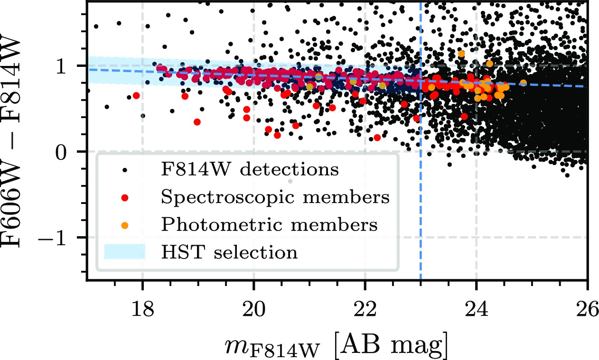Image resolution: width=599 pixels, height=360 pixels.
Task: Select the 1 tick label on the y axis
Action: coord(75,66)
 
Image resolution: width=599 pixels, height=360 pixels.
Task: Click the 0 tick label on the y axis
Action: coord(75,151)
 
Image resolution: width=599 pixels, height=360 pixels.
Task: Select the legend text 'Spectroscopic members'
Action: coord(275,197)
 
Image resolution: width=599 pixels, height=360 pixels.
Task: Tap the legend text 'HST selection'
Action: coord(230,252)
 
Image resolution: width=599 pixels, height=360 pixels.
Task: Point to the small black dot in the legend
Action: coord(124,170)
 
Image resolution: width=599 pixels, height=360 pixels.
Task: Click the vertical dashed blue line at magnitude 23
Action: coord(421,213)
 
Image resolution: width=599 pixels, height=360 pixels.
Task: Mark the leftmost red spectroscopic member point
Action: coord(136,95)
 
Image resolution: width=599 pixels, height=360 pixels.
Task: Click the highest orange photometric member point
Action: coord(461,54)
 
